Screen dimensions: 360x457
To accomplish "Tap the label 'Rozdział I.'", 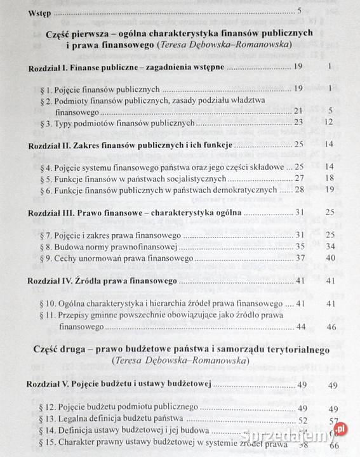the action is [x=49, y=66].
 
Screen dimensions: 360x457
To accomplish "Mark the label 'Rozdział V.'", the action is [x=51, y=385].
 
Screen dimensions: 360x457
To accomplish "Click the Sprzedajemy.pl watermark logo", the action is [x=305, y=435].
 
